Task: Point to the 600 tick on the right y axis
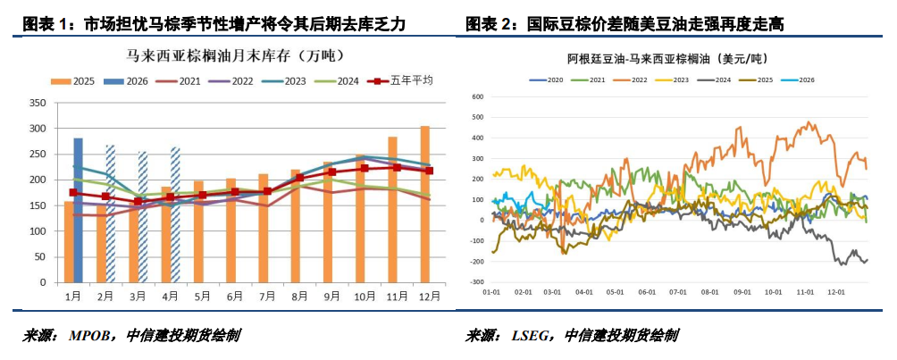point(476,96)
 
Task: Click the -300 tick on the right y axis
point(474,280)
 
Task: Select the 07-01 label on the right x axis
point(679,291)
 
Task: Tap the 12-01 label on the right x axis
point(835,291)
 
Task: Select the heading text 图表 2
point(488,24)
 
